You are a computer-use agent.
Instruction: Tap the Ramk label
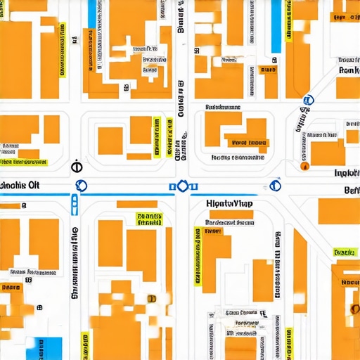tap(348, 70)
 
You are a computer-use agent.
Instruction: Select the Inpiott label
tap(347, 173)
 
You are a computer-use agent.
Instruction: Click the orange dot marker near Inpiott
tap(304, 166)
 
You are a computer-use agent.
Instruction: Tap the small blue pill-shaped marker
tap(76, 205)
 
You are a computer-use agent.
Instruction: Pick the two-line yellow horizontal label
tap(148, 219)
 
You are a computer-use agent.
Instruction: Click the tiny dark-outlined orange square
tap(151, 299)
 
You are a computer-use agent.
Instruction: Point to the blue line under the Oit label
tap(35, 195)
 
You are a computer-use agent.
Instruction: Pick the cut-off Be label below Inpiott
tap(351, 190)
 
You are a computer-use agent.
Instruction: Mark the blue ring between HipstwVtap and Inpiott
tap(276, 186)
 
